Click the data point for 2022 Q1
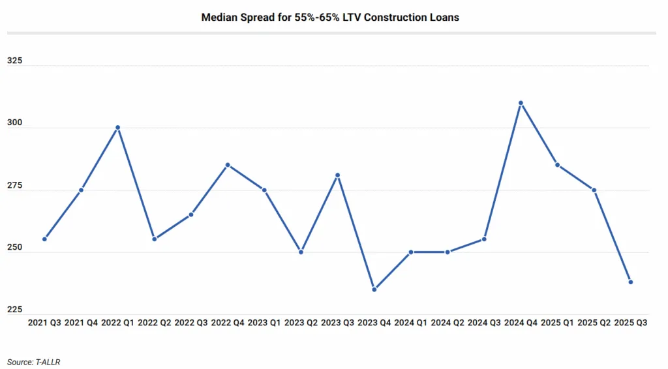point(117,128)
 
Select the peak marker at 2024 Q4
point(521,103)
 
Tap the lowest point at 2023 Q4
point(374,289)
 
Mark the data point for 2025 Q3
point(631,282)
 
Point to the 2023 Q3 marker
point(337,175)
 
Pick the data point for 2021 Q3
point(44,239)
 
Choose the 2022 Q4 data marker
point(228,165)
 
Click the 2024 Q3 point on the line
point(484,239)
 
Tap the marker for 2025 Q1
point(558,165)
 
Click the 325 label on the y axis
point(14,61)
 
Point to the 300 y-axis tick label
point(14,123)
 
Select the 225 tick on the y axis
point(14,310)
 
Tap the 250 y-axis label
point(14,248)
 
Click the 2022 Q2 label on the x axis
point(154,323)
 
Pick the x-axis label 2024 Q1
point(411,323)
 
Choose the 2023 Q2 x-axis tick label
point(301,323)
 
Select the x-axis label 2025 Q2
point(594,323)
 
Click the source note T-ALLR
point(56,361)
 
